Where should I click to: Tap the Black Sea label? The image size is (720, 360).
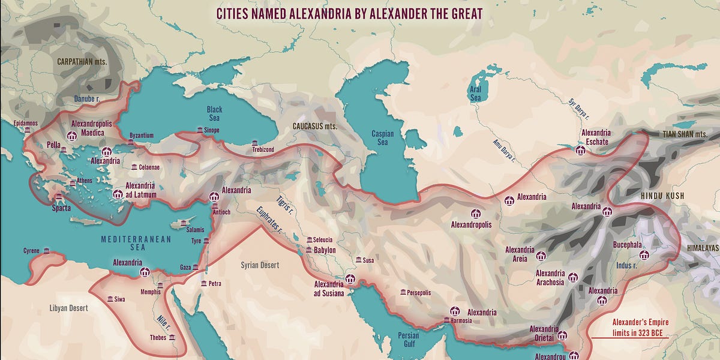214,113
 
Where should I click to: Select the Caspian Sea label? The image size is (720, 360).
383,137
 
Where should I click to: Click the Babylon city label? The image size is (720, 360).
325,250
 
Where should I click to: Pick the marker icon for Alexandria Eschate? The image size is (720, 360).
580,150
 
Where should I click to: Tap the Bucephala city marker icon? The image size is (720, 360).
644,255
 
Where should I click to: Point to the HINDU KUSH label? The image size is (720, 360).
662,196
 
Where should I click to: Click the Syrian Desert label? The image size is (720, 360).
260,265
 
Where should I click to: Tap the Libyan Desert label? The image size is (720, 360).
68,308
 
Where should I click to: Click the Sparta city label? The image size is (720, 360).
61,208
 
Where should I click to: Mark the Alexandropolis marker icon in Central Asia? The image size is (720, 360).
476,214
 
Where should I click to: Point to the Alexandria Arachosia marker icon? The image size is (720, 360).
572,278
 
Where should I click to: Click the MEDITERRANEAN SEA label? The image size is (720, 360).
136,243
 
